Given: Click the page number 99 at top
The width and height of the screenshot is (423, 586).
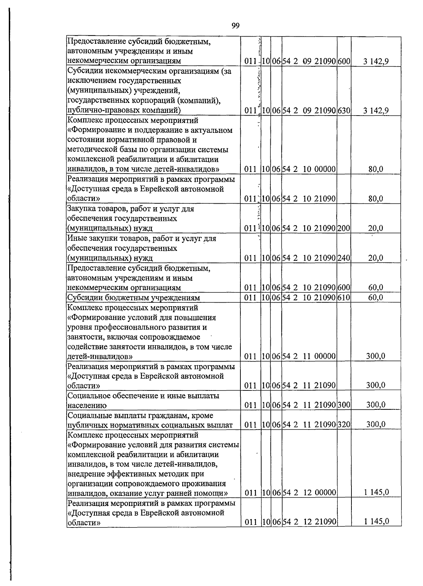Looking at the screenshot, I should click(x=236, y=26).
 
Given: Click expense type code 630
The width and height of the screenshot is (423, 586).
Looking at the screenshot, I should click(x=344, y=111).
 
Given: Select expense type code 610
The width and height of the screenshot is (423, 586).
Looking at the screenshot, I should click(x=344, y=297).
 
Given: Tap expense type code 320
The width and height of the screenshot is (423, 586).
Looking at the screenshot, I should click(x=344, y=425).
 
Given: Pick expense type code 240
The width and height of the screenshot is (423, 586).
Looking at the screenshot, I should click(x=344, y=258).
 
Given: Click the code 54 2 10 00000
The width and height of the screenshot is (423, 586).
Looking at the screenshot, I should click(x=309, y=169).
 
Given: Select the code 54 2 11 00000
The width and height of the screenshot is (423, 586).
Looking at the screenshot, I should click(x=309, y=356).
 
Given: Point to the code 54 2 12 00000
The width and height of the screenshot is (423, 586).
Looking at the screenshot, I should click(x=309, y=492).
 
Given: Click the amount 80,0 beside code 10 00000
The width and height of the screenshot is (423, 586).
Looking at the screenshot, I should click(x=376, y=169).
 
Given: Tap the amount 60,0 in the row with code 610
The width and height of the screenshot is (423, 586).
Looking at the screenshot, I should click(x=376, y=297).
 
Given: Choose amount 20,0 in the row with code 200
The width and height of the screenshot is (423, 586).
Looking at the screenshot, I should click(x=376, y=228).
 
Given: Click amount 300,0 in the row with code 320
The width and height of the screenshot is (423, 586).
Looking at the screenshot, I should click(x=375, y=425).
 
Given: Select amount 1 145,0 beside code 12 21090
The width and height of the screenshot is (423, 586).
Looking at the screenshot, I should click(x=376, y=522).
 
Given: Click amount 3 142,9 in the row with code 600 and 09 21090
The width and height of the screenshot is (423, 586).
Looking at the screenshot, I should click(x=376, y=62).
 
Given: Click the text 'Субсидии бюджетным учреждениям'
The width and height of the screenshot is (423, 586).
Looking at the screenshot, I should click(x=134, y=298).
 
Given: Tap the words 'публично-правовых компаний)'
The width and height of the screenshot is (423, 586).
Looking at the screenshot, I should click(x=124, y=111).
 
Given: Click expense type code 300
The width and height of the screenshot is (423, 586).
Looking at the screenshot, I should click(x=344, y=405).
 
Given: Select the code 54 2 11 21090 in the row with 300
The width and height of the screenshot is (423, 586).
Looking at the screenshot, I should click(x=309, y=405).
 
